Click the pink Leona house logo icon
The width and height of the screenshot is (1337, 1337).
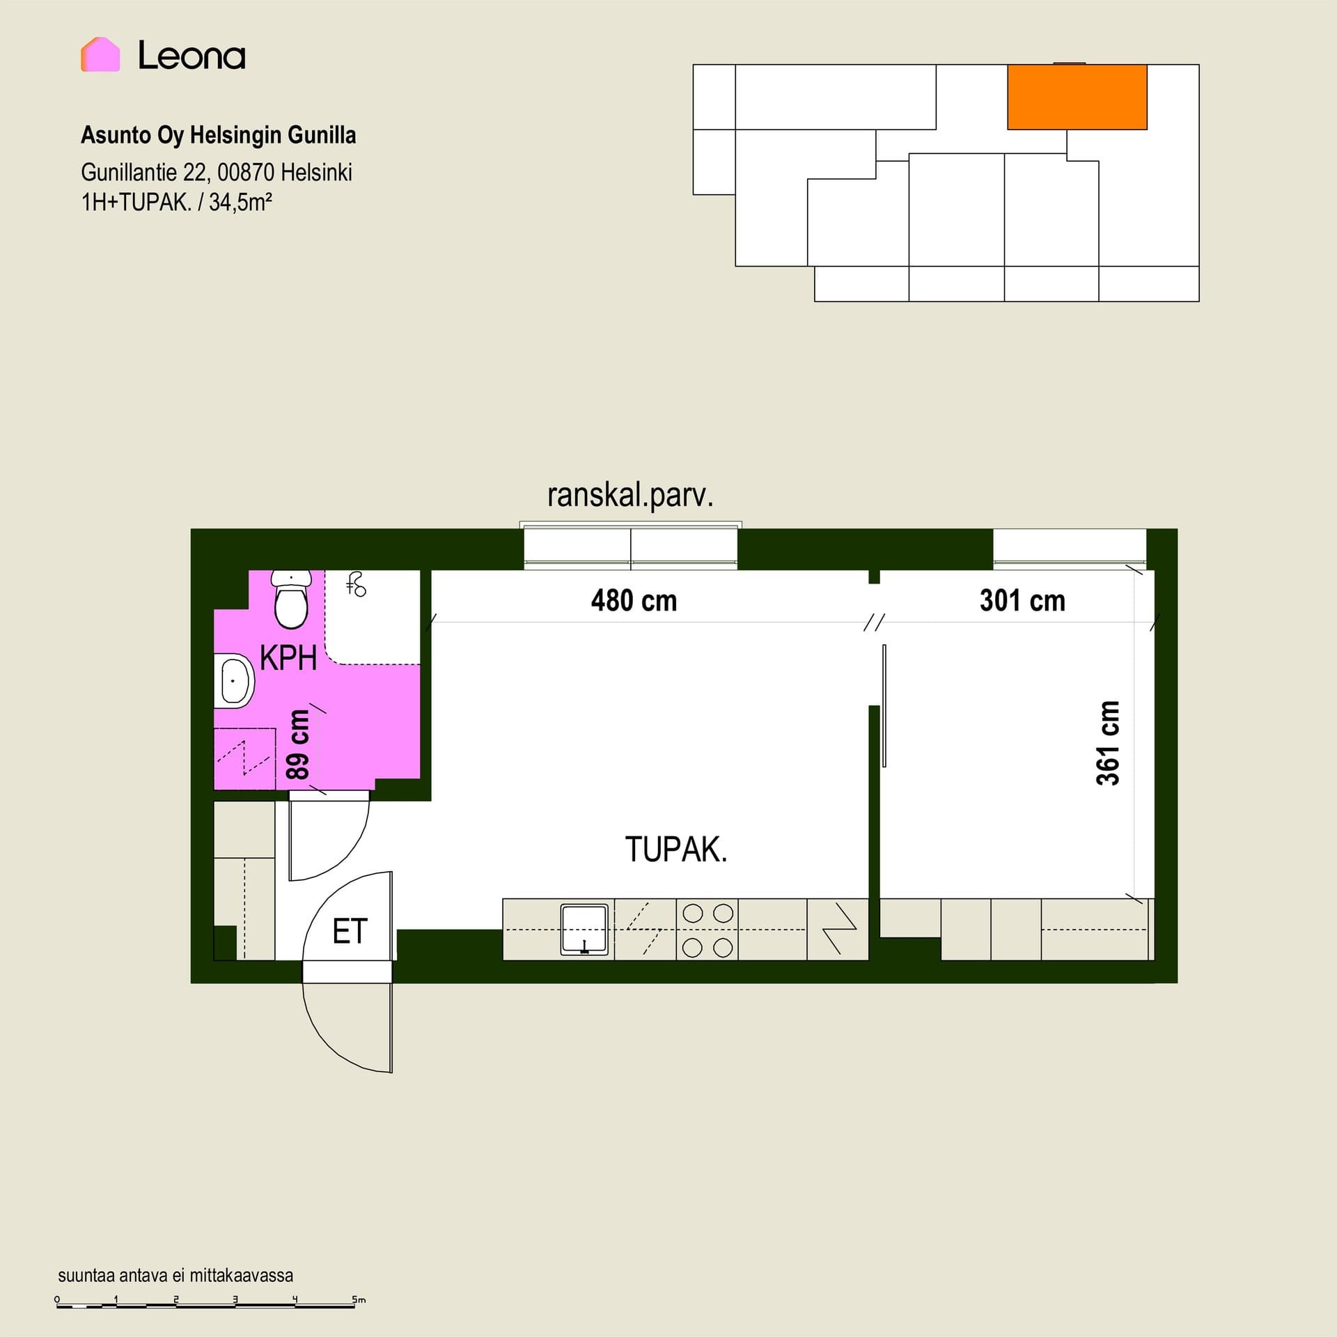click(100, 54)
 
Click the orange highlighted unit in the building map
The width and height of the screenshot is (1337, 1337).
click(1077, 97)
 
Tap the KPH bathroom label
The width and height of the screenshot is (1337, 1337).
click(288, 657)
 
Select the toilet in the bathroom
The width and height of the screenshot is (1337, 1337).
click(291, 600)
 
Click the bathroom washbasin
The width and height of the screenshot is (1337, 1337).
click(235, 680)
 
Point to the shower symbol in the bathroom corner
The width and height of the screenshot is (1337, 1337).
click(357, 584)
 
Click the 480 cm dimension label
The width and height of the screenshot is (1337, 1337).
click(634, 600)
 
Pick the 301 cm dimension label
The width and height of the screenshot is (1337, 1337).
click(1022, 600)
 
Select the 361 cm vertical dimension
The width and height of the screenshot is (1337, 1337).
click(1108, 743)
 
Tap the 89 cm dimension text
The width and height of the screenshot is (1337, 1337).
click(297, 744)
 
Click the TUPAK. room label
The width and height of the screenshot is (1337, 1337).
click(676, 850)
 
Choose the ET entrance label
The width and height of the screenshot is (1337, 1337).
click(350, 931)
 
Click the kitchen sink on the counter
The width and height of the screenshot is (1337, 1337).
click(584, 930)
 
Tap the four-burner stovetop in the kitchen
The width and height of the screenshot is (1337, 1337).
click(707, 930)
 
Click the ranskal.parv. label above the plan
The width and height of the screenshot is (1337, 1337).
click(630, 496)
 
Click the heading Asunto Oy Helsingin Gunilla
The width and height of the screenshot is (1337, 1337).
click(219, 135)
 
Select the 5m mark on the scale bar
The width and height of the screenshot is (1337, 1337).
click(359, 1299)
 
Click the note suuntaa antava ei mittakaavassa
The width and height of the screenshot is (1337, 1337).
click(175, 1276)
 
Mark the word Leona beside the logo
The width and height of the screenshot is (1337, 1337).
click(191, 55)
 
